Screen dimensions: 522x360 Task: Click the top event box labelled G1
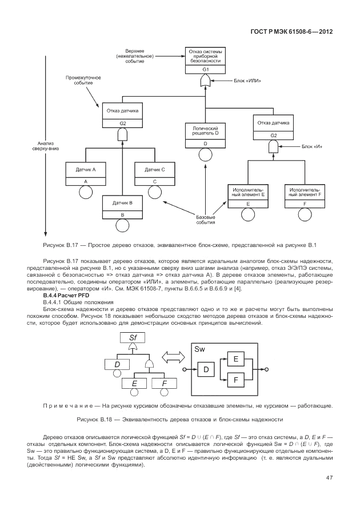tap(205, 61)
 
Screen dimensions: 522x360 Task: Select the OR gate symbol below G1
tap(205, 83)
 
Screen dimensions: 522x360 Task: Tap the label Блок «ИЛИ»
tap(247, 81)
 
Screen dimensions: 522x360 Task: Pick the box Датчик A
tap(85, 173)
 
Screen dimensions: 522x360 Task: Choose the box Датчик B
tap(122, 206)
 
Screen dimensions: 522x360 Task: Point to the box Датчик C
tap(154, 173)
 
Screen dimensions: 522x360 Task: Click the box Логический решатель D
tap(205, 135)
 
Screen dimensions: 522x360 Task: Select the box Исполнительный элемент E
tap(248, 195)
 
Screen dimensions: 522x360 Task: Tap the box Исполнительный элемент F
tap(305, 195)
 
